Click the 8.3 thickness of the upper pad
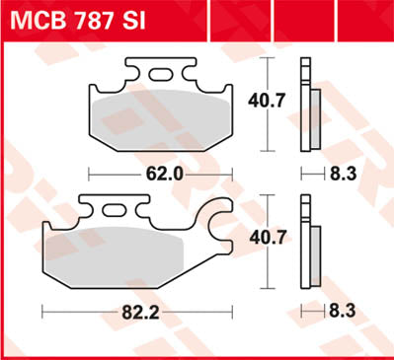point(342,172)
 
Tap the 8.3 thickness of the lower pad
point(342,310)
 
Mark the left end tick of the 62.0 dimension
point(91,172)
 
